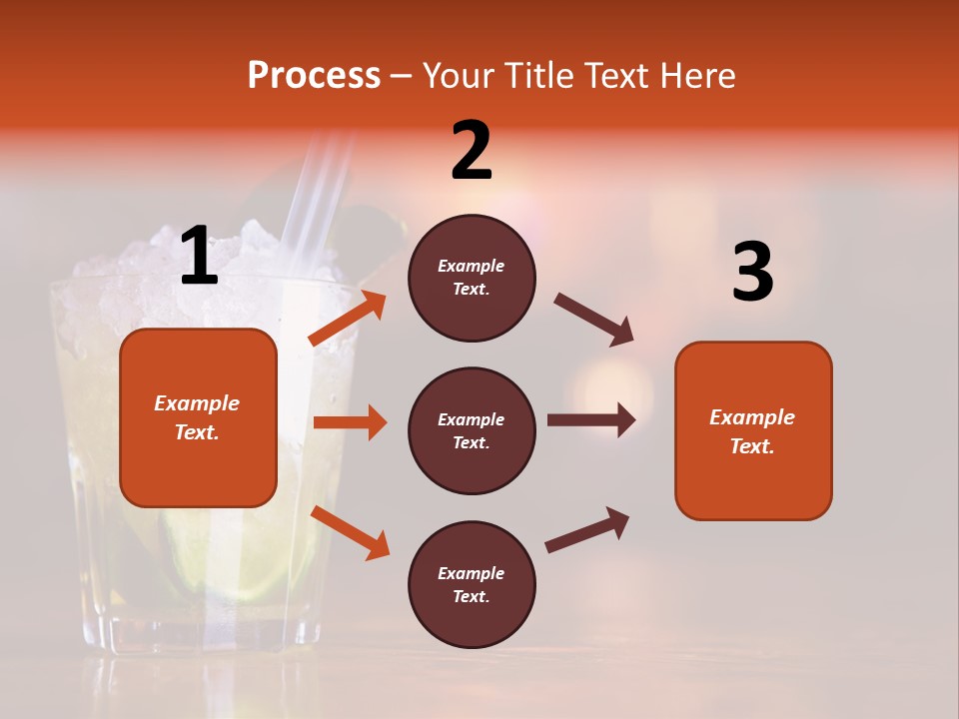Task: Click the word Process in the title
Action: click(x=314, y=75)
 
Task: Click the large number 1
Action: click(x=199, y=256)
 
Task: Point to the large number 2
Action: click(x=472, y=151)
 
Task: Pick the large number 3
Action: click(x=752, y=273)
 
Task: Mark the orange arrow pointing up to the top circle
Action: click(x=348, y=319)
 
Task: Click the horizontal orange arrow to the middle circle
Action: click(x=350, y=422)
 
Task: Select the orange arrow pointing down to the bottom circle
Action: click(x=350, y=531)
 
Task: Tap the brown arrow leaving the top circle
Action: click(x=594, y=320)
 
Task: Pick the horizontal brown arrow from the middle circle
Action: click(x=591, y=419)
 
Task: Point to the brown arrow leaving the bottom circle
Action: click(x=587, y=530)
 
